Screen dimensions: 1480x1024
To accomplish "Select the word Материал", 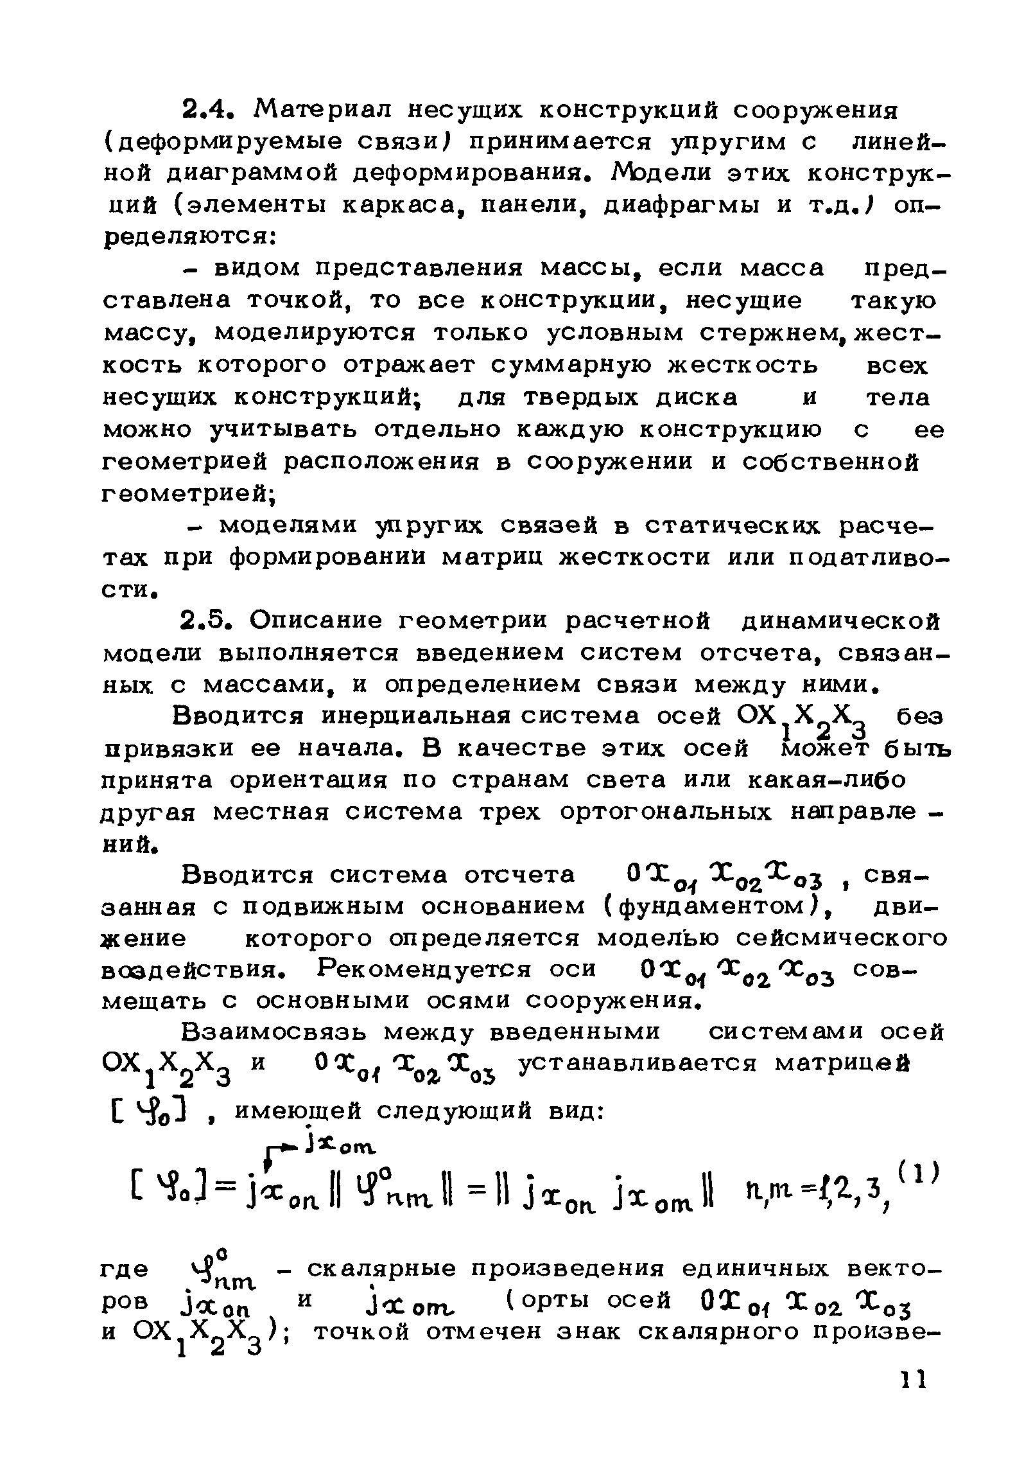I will click(330, 110).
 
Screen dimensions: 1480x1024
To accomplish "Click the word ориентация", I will click(308, 780).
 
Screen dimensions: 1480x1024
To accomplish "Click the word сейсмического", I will click(841, 938).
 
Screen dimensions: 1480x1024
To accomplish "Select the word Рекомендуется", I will click(424, 970).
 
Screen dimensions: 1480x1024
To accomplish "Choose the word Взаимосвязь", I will click(274, 1033).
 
